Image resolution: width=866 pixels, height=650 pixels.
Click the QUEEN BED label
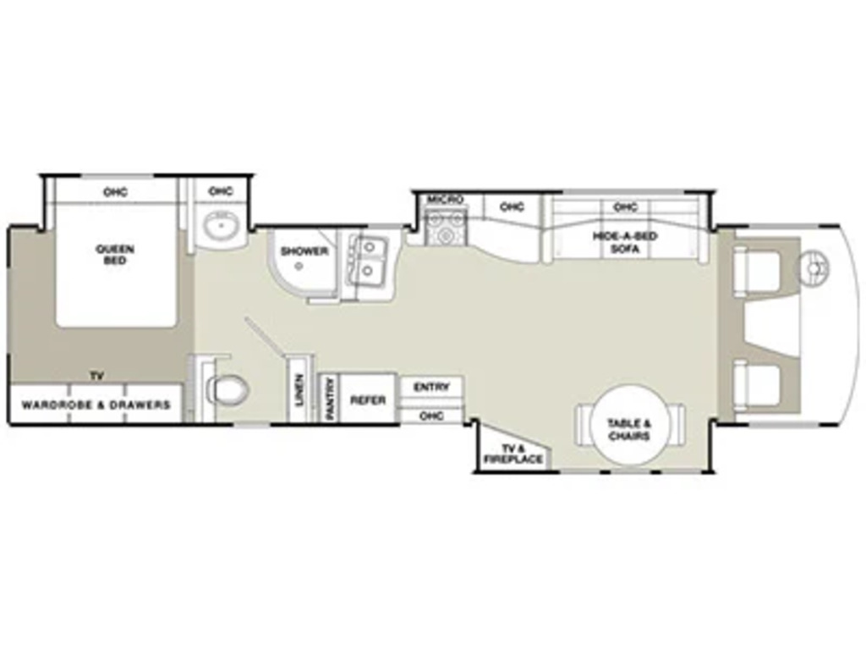[x=115, y=254]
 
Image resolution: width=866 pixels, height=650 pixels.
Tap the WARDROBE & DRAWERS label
[x=96, y=405]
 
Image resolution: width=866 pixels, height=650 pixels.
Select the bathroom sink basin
[x=220, y=225]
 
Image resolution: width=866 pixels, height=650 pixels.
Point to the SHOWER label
[x=304, y=251]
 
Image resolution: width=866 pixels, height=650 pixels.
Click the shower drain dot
[x=299, y=266]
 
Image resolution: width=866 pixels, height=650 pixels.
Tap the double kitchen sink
[x=367, y=259]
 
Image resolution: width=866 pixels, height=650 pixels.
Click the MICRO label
[x=445, y=200]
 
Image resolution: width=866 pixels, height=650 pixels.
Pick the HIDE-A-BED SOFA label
[x=625, y=243]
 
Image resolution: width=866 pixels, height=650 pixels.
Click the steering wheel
[x=814, y=267]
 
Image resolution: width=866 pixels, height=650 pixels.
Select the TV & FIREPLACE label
[x=513, y=454]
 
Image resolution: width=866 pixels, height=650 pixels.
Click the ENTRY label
[x=431, y=388]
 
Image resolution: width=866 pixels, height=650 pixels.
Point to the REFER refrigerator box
[x=367, y=399]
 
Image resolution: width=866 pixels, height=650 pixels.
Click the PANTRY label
[x=331, y=398]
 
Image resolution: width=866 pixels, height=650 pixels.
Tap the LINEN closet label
[x=299, y=390]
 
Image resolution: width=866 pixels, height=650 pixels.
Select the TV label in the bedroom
[x=97, y=377]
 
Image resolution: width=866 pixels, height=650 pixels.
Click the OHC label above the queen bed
[x=115, y=192]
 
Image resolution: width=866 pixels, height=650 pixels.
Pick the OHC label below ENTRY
[x=431, y=415]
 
